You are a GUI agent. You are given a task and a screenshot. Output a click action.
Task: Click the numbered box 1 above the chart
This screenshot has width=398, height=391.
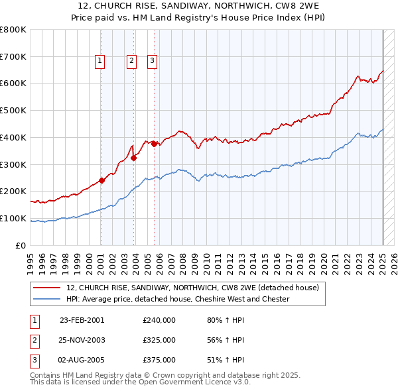(99, 61)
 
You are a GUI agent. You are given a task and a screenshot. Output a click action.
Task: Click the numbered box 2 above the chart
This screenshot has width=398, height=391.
(132, 61)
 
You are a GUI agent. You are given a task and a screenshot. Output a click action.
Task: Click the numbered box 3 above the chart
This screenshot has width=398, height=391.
(152, 61)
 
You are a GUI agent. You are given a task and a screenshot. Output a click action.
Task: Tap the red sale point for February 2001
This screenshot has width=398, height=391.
(101, 180)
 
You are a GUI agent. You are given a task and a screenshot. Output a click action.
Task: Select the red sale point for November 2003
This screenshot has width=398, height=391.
(134, 158)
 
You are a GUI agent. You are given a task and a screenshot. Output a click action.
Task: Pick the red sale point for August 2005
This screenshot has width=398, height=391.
(154, 144)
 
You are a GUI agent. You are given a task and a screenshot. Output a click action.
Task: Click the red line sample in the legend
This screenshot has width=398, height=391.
(46, 288)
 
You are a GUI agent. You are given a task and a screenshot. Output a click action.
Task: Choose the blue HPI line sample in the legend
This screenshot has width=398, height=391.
(46, 299)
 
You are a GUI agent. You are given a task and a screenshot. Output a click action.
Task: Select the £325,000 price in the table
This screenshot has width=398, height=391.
(159, 340)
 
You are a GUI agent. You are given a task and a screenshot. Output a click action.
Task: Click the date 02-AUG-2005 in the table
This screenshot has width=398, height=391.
(82, 360)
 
